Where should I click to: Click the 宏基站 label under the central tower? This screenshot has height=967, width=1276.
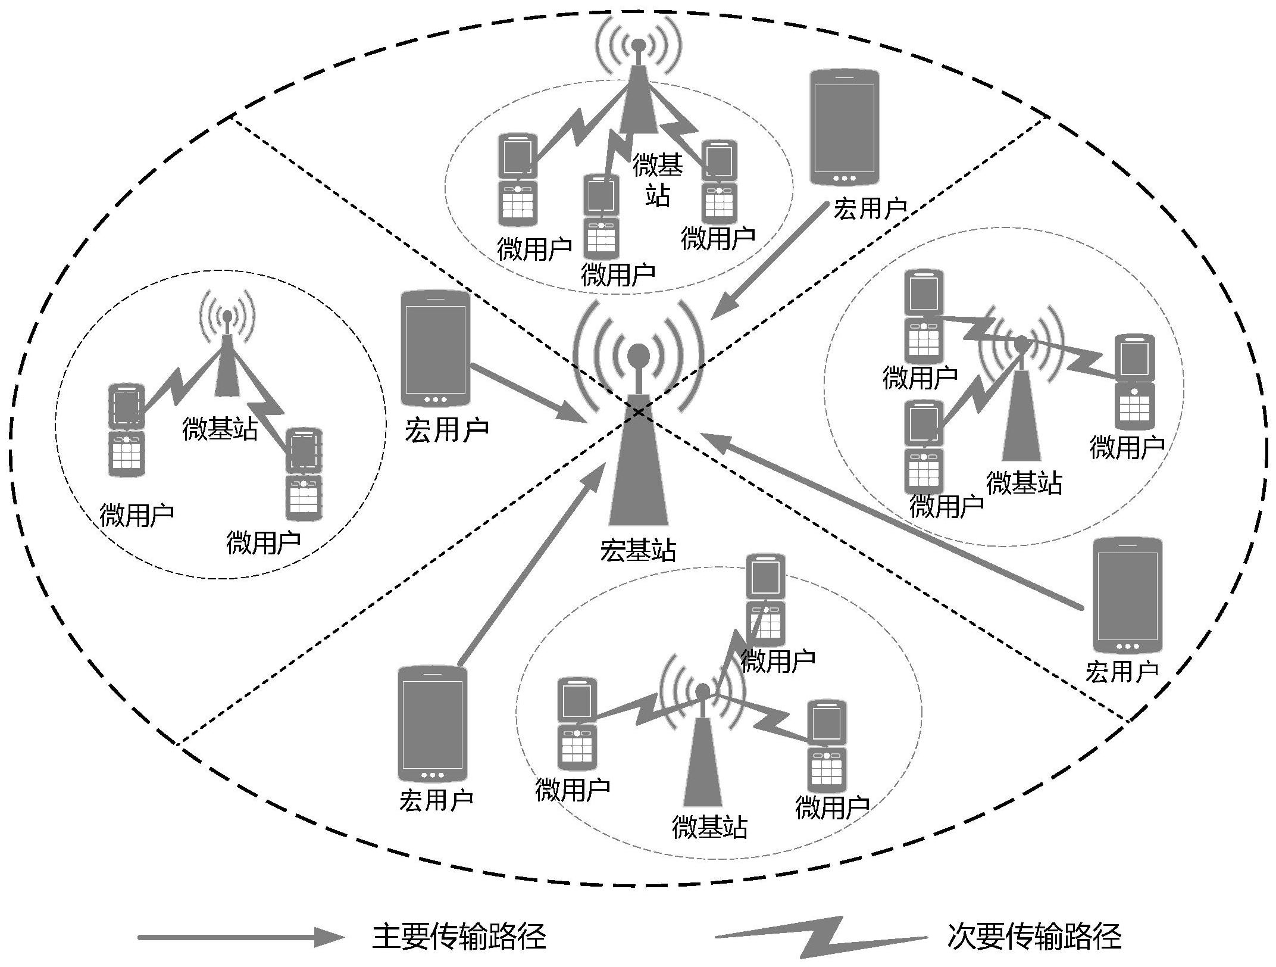point(637,550)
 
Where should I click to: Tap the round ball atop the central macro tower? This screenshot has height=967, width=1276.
point(639,355)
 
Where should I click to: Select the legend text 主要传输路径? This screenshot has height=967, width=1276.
point(458,936)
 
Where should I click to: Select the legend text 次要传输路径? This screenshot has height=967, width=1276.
point(1034,936)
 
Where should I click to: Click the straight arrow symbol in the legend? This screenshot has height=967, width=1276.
point(241,937)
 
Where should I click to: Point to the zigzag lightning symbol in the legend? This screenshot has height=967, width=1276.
point(821,937)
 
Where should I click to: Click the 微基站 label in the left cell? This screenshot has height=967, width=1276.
point(220,428)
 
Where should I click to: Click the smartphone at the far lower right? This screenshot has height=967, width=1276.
point(1127,595)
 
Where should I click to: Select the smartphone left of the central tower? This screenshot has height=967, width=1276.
point(435,348)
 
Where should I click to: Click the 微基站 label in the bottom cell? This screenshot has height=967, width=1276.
point(709,826)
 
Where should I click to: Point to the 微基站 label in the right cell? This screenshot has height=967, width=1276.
point(1024,483)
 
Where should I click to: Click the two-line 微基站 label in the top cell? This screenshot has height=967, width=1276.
point(658,179)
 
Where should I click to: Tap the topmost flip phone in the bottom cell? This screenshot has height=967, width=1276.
point(765,600)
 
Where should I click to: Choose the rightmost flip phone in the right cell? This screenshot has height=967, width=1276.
point(1134,382)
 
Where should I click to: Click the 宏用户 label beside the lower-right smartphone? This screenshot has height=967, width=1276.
point(1121,672)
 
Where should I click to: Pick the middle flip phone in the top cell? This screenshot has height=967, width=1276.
point(601,216)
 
